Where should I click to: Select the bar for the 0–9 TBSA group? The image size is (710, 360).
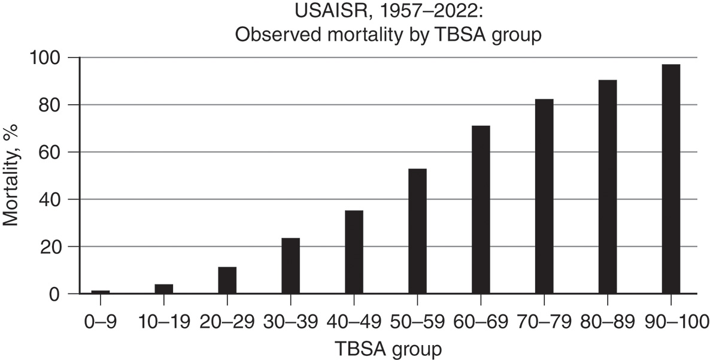pyautogui.click(x=101, y=292)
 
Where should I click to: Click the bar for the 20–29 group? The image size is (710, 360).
pyautogui.click(x=227, y=280)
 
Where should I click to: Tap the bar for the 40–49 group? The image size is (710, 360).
pyautogui.click(x=354, y=252)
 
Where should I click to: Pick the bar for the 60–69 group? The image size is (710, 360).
pyautogui.click(x=481, y=210)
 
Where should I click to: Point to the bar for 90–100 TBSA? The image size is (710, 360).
pyautogui.click(x=671, y=179)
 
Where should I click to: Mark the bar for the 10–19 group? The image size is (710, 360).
pyautogui.click(x=164, y=289)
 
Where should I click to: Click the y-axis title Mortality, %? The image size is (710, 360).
pyautogui.click(x=11, y=175)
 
